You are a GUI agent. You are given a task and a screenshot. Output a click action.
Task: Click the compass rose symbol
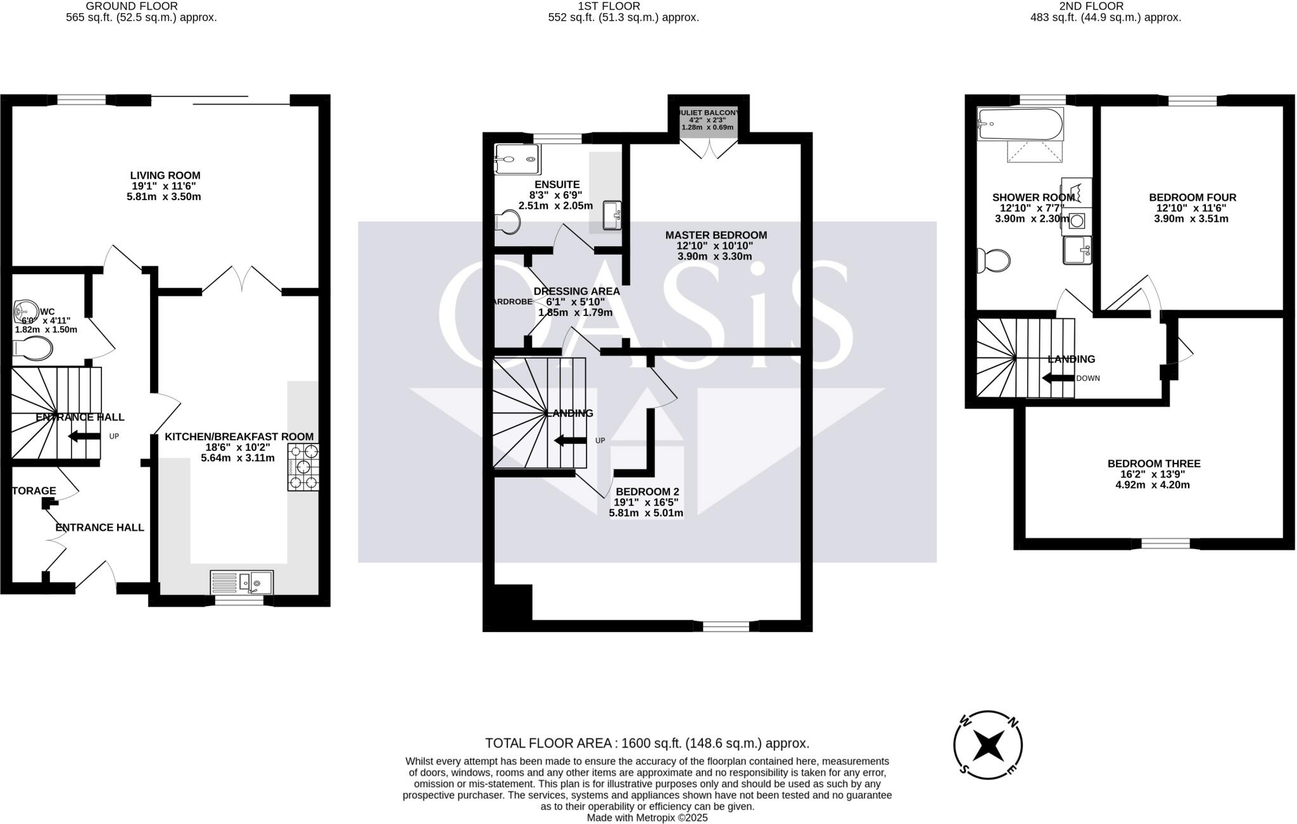(x=988, y=745)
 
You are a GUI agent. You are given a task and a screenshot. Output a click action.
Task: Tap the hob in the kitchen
(x=303, y=467)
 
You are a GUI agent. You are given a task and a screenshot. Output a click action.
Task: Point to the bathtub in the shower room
(x=1020, y=124)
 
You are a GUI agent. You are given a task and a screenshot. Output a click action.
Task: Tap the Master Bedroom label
(x=716, y=245)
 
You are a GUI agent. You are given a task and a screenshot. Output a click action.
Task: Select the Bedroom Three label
(x=1153, y=474)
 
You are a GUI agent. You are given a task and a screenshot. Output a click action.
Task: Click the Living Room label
(x=165, y=186)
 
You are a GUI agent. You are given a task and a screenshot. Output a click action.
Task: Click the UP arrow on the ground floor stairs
(x=84, y=436)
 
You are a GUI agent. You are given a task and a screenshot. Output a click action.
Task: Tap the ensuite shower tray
(x=518, y=158)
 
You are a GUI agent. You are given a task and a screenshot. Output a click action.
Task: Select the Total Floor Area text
(x=647, y=743)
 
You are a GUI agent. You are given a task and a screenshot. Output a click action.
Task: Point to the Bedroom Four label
(x=1192, y=208)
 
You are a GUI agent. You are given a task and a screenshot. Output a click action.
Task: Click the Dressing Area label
(x=576, y=301)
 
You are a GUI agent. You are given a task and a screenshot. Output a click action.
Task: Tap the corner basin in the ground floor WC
(x=25, y=310)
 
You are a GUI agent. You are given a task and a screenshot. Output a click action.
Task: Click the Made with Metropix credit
(x=647, y=818)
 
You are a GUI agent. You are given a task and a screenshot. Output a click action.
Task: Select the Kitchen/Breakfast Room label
(x=239, y=447)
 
